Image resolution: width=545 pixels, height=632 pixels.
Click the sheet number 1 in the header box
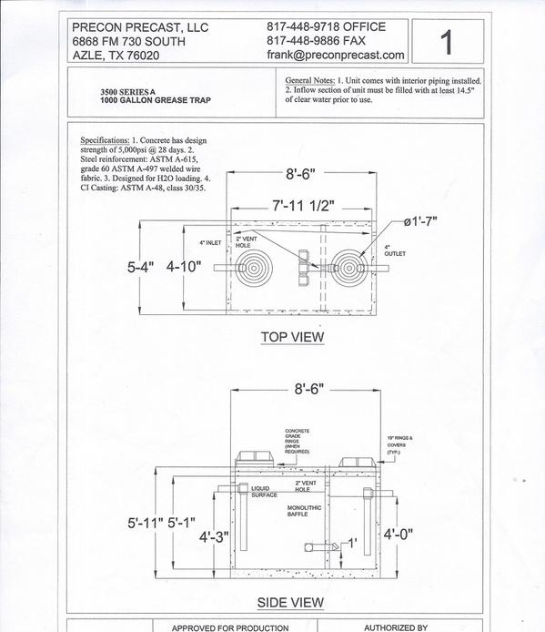447,42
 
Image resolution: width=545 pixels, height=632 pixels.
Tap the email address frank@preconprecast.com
336,56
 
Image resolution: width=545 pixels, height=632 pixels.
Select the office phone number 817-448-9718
303,27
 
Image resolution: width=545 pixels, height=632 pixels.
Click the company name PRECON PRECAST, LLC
140,27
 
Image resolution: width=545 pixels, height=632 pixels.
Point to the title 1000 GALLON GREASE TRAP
156,100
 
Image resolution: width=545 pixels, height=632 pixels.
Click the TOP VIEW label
292,337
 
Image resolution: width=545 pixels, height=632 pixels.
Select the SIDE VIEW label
290,603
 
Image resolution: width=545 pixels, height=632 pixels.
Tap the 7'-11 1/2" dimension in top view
303,206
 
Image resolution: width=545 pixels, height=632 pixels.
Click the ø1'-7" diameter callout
420,221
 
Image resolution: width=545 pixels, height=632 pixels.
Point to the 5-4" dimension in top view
141,267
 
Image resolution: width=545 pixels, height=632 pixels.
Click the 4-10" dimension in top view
184,267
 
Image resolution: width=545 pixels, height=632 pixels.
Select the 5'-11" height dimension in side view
146,523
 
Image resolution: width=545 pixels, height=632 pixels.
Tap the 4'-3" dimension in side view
214,537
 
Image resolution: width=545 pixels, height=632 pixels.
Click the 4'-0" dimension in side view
399,535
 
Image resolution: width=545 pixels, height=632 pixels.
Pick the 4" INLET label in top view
210,243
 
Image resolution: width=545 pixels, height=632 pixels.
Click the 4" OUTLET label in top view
395,250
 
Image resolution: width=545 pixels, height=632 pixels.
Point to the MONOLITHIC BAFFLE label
304,511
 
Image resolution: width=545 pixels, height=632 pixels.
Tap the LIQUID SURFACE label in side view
264,492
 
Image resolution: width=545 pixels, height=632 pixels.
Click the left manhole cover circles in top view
254,269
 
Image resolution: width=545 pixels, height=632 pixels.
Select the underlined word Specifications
105,140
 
